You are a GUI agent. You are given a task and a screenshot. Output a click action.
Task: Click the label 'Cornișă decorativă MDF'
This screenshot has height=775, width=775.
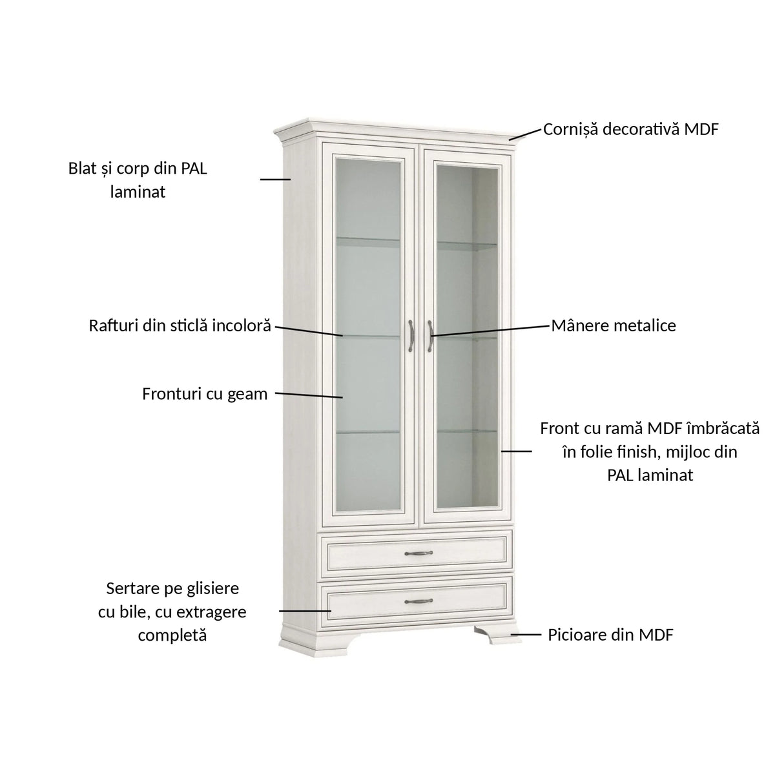click(x=630, y=130)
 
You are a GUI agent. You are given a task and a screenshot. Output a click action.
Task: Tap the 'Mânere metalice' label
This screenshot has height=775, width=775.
click(x=614, y=325)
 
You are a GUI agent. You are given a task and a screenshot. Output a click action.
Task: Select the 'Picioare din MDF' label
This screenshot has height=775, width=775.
click(x=610, y=635)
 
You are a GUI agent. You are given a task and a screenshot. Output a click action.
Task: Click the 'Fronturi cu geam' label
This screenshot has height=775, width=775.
click(x=205, y=394)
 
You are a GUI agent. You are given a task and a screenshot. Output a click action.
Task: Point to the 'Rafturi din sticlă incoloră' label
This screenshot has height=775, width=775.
click(x=180, y=325)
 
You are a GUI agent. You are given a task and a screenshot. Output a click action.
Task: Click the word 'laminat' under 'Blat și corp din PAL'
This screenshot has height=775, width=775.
click(x=138, y=192)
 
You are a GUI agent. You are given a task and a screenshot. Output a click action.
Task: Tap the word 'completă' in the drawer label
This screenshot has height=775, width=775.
click(x=172, y=636)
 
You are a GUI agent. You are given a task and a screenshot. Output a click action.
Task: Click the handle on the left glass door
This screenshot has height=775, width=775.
click(x=411, y=336)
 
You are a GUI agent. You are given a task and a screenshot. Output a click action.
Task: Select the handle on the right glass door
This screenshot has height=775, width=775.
click(x=430, y=336)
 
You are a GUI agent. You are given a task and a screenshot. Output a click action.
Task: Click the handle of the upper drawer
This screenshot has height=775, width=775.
click(x=418, y=553)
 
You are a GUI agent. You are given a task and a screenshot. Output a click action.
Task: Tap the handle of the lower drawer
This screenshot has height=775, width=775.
click(x=418, y=601)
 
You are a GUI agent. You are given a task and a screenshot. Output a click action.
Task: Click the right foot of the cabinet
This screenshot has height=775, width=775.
click(x=497, y=635)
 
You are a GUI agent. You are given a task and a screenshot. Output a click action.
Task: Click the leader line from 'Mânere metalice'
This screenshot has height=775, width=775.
click(x=490, y=331)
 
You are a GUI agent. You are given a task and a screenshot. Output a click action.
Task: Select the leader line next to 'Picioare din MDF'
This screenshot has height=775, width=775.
click(x=526, y=635)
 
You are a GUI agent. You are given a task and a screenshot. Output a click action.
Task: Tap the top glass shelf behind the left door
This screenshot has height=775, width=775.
click(x=367, y=240)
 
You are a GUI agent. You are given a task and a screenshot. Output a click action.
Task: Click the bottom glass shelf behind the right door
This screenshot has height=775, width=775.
click(x=467, y=431)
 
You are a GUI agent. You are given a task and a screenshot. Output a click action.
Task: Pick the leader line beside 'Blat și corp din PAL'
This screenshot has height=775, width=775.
click(x=276, y=179)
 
